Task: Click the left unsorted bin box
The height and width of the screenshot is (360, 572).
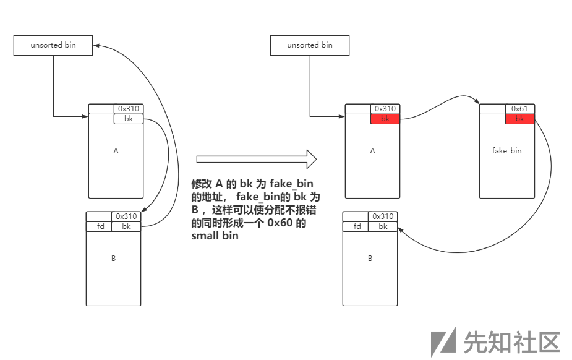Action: tap(53, 45)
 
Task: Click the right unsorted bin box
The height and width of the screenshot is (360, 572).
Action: tap(310, 45)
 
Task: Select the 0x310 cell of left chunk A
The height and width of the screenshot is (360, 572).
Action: tap(128, 109)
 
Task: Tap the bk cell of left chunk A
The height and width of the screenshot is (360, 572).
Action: tap(129, 119)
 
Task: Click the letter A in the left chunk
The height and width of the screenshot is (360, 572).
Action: tap(116, 151)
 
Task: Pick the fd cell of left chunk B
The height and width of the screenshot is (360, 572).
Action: tap(98, 226)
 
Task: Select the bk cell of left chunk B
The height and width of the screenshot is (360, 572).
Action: tap(126, 226)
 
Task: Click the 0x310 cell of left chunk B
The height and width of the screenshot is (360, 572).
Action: tap(126, 216)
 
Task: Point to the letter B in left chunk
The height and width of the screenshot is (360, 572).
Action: tap(113, 259)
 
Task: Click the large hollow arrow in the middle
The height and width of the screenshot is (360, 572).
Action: tap(256, 159)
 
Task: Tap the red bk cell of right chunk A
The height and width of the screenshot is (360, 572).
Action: tap(385, 119)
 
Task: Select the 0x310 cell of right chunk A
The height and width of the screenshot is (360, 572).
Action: tap(385, 109)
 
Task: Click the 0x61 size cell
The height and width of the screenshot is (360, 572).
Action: tap(519, 109)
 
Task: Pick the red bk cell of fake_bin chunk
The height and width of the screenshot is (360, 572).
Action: tap(519, 119)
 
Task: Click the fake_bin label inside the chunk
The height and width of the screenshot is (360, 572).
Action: tap(506, 151)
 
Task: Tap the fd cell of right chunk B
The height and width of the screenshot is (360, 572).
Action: tap(356, 226)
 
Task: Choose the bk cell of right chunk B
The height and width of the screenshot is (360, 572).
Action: tap(383, 226)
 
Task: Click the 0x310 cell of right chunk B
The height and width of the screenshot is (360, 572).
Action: tap(383, 216)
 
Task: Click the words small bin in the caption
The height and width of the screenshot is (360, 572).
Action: tap(215, 236)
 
